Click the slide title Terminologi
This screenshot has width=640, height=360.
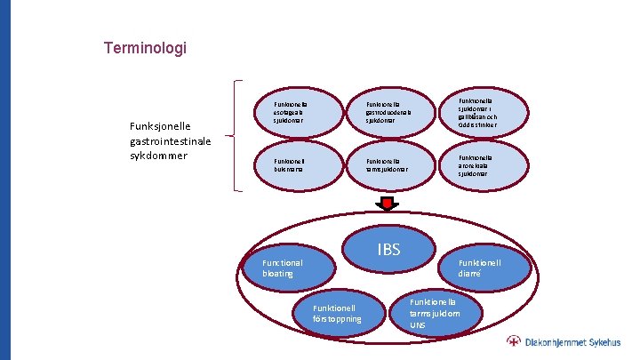[145, 48]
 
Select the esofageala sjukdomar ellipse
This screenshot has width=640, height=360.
[294, 112]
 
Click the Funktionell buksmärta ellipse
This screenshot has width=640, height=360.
[294, 164]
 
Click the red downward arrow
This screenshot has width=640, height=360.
[388, 204]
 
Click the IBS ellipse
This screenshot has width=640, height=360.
[388, 250]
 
